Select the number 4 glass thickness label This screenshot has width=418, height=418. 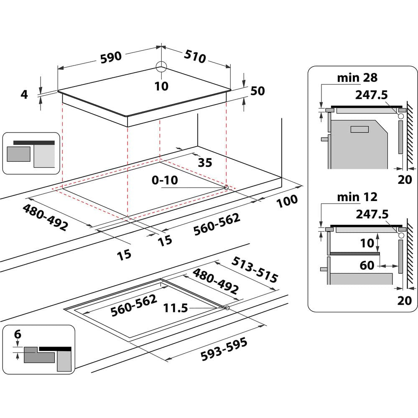[x=25, y=94]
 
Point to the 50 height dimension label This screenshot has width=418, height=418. [x=257, y=91]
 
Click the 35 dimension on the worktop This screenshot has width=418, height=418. [x=205, y=163]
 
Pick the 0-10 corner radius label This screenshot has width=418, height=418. [x=165, y=181]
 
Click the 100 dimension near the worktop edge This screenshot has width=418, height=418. [x=287, y=200]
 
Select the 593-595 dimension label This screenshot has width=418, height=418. [x=224, y=348]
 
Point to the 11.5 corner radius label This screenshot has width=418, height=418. [x=176, y=308]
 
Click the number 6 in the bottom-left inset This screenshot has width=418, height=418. [x=17, y=334]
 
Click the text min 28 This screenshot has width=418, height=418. [x=357, y=77]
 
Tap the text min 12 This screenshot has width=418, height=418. [x=357, y=196]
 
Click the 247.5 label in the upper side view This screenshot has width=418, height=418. [x=372, y=94]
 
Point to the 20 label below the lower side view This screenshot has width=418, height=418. [x=405, y=300]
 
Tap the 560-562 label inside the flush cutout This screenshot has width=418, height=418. [x=134, y=304]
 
